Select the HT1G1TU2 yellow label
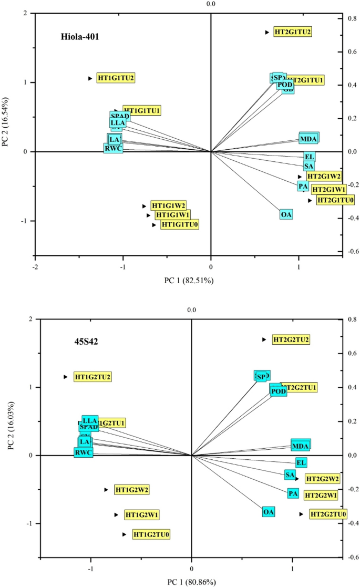click(x=116, y=78)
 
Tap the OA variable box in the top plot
click(x=286, y=214)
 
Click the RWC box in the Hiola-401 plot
click(x=114, y=148)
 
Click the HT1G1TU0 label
click(x=180, y=224)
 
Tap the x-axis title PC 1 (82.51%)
click(x=188, y=281)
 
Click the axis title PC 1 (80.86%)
click(x=191, y=582)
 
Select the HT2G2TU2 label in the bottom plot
click(x=291, y=339)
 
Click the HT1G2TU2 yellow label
click(x=93, y=377)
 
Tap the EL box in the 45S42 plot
click(x=301, y=463)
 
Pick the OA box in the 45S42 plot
click(x=269, y=512)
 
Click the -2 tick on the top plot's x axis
click(x=35, y=266)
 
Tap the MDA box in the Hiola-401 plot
click(x=308, y=139)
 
